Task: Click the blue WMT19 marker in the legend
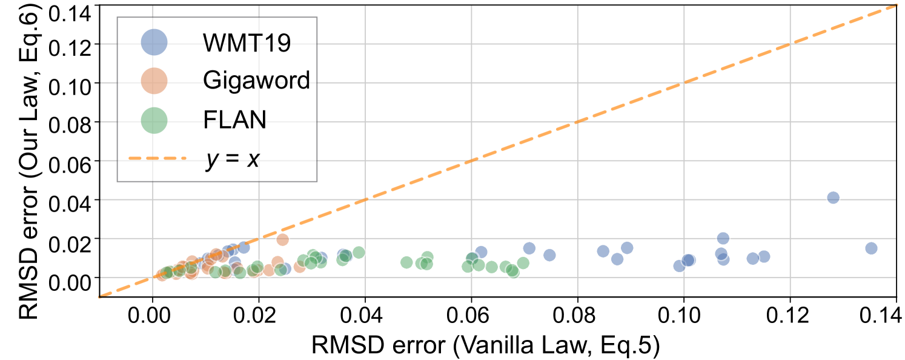(x=154, y=42)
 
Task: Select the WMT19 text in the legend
(x=247, y=43)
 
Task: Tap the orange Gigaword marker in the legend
(x=154, y=81)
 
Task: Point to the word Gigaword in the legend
(x=256, y=81)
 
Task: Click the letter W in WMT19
(x=214, y=43)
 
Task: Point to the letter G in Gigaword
(x=211, y=81)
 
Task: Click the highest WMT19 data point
(x=833, y=198)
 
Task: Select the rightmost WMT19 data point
(x=871, y=248)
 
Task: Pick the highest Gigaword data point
(x=282, y=240)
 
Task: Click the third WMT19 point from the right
(x=764, y=256)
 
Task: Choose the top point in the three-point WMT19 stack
(x=723, y=238)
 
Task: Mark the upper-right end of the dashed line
(x=895, y=5)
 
